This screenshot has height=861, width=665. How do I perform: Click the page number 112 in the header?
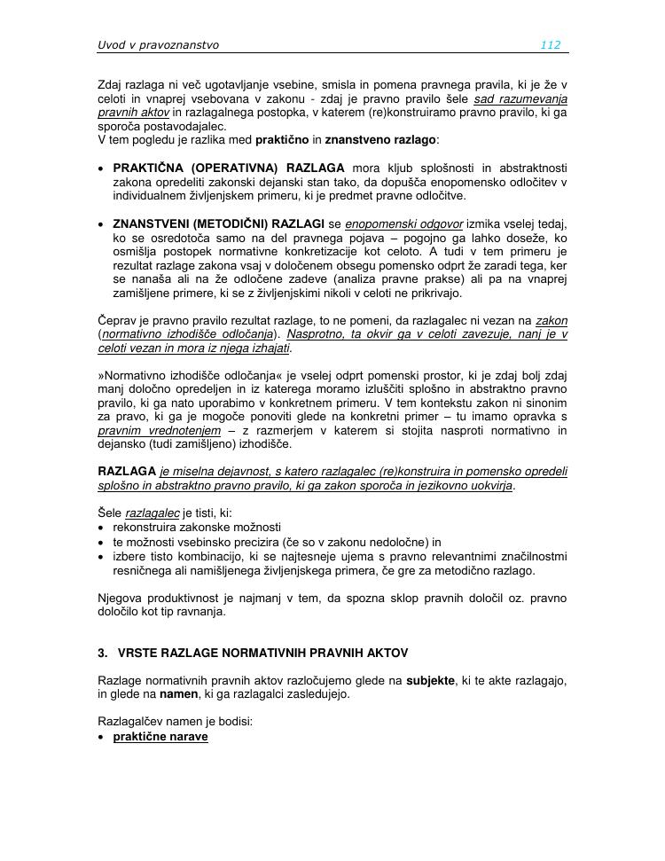pyautogui.click(x=550, y=45)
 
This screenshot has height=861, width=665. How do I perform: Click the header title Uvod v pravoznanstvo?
pyautogui.click(x=158, y=45)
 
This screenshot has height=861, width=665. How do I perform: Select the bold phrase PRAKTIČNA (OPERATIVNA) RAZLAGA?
pyautogui.click(x=229, y=168)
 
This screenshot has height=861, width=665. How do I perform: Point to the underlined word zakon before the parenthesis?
pyautogui.click(x=552, y=321)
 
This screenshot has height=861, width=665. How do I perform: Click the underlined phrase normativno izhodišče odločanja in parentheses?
pyautogui.click(x=189, y=334)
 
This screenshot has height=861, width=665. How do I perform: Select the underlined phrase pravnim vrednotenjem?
pyautogui.click(x=159, y=431)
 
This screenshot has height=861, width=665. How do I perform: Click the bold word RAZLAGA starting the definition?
pyautogui.click(x=127, y=472)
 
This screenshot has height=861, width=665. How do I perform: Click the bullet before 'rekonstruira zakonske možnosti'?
pyautogui.click(x=103, y=528)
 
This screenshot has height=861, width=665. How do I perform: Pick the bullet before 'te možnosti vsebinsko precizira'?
pyautogui.click(x=103, y=542)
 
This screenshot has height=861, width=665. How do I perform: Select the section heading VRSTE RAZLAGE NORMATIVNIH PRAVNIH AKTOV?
pyautogui.click(x=262, y=654)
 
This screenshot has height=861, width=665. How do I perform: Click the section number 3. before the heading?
pyautogui.click(x=103, y=654)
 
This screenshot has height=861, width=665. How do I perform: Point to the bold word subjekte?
pyautogui.click(x=431, y=681)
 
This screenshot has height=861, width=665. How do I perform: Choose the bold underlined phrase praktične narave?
pyautogui.click(x=160, y=737)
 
